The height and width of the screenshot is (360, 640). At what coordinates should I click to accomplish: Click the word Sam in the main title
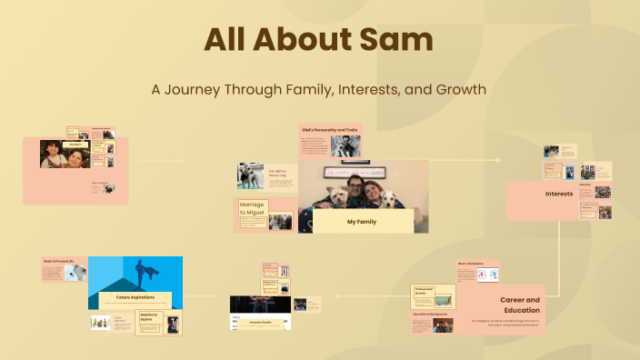(391, 40)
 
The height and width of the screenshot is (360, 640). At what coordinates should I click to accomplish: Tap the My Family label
(363, 222)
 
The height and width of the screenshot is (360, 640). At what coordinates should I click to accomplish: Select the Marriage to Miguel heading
(252, 209)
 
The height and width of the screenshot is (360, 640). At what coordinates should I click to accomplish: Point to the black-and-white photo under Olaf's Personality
(345, 146)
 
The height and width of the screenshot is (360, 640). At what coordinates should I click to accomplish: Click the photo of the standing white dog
(250, 175)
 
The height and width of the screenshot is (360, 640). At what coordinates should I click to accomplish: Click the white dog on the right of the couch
(389, 198)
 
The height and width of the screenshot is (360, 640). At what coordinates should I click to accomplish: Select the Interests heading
(558, 194)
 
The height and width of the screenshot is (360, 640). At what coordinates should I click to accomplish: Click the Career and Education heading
(520, 304)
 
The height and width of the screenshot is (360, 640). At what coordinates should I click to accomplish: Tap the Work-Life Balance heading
(470, 264)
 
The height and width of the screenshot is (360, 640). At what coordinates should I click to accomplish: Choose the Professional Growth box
(434, 296)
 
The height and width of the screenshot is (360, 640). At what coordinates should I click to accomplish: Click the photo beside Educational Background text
(443, 325)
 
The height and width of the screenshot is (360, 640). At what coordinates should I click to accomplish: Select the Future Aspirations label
(135, 296)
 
